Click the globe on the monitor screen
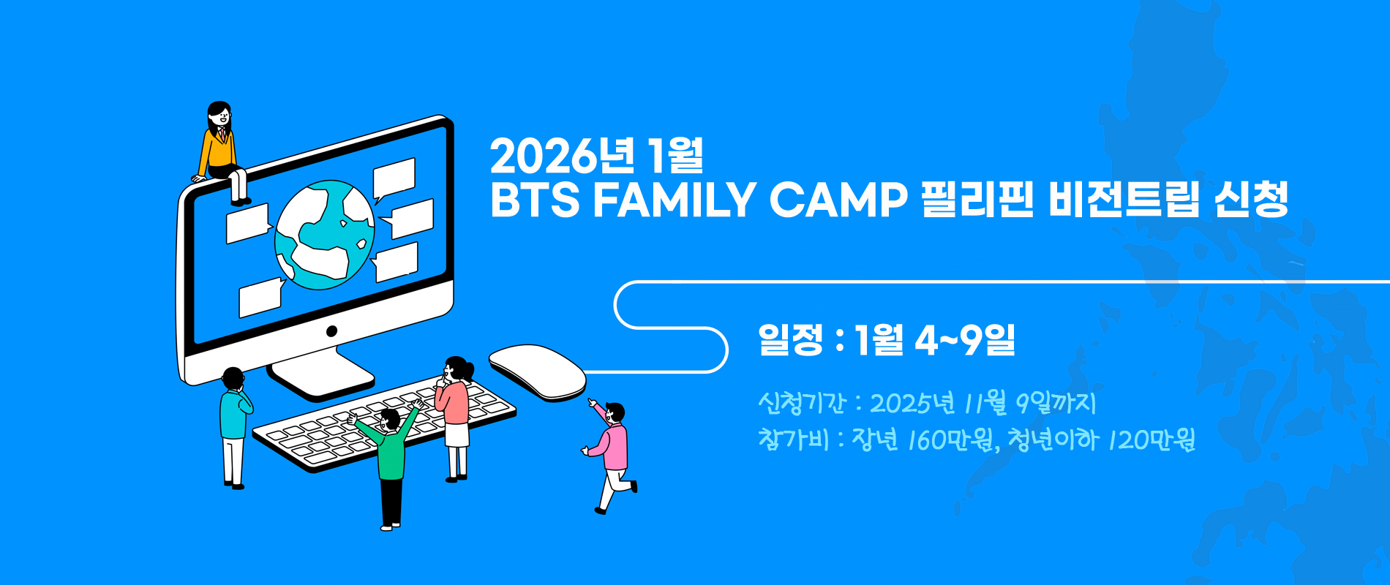click(x=324, y=235)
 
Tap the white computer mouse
click(x=537, y=372)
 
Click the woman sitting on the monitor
click(x=221, y=152)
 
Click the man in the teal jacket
click(x=235, y=428)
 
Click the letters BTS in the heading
click(x=535, y=200)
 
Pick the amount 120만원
click(x=1152, y=439)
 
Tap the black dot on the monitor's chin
click(x=331, y=331)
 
